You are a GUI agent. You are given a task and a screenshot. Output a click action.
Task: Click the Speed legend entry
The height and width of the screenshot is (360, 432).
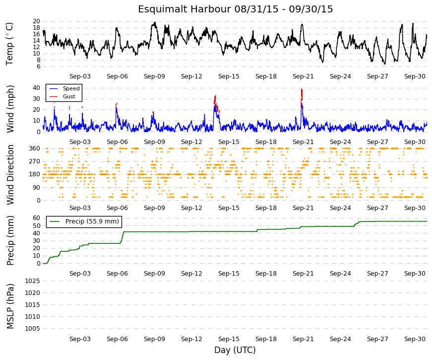point(71,88)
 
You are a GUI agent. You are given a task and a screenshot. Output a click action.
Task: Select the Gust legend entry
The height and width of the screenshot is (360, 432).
point(69,96)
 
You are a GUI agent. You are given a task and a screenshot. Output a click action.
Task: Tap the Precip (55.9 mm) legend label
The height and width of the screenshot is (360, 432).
point(92,221)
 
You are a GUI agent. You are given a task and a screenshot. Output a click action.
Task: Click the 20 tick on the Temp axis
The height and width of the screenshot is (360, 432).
point(36,21)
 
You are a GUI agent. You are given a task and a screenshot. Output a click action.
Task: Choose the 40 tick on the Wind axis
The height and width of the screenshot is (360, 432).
point(36,88)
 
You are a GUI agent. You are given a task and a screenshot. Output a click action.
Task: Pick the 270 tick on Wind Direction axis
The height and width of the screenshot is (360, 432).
point(34,161)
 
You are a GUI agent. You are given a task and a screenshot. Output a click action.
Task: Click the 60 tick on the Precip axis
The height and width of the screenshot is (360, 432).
point(36,218)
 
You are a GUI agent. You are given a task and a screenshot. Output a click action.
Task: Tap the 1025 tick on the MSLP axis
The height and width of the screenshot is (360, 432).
point(33,281)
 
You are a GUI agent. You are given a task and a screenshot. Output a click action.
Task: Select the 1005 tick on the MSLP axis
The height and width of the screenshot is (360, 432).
point(33,329)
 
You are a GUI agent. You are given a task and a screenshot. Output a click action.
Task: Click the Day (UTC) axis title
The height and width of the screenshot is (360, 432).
point(235,350)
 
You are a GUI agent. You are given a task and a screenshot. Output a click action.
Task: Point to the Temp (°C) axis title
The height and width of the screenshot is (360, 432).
point(10,44)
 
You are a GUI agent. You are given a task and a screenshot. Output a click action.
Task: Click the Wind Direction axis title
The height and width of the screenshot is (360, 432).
point(10,175)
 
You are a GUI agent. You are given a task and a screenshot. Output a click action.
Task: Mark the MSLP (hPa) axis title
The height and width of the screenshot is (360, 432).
point(10,306)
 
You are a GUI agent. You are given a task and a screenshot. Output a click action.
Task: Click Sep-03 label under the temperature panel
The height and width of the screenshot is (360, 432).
point(80,76)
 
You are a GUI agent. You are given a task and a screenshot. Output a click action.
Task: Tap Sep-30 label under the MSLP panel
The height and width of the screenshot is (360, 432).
point(415,339)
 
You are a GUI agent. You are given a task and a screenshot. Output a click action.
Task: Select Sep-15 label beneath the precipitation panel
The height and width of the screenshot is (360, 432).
point(229,274)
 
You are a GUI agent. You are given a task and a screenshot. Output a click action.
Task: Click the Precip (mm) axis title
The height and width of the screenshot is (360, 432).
point(10,240)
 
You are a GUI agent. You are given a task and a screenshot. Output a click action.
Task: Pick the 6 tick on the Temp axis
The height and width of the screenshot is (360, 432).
point(38,67)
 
